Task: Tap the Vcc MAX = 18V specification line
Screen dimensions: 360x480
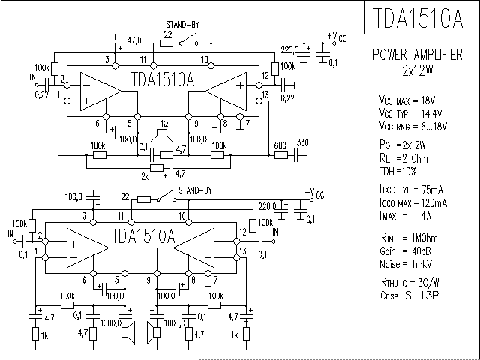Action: pos(415,100)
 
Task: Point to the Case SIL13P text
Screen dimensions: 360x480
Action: pos(409,295)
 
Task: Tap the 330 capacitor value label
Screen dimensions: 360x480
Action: pos(302,143)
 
